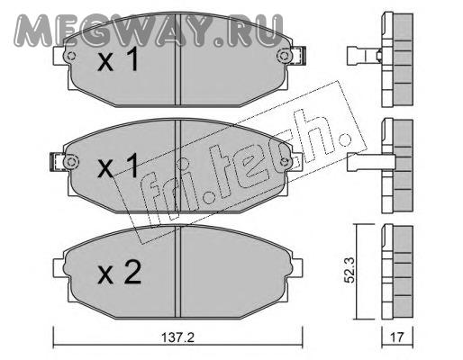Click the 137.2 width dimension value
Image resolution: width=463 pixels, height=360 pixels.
(x=178, y=338)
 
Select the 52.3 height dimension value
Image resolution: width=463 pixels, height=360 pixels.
(x=350, y=270)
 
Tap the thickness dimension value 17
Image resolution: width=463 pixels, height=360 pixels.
(x=397, y=337)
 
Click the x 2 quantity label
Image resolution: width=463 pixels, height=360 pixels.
(x=119, y=273)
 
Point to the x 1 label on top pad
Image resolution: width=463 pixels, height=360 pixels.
(x=118, y=59)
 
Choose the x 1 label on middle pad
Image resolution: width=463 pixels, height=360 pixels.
(x=118, y=166)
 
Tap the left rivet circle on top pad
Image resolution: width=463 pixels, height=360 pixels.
(x=71, y=56)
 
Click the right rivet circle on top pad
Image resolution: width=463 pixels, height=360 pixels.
(x=284, y=56)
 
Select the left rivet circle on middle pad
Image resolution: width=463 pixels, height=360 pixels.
(x=71, y=162)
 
